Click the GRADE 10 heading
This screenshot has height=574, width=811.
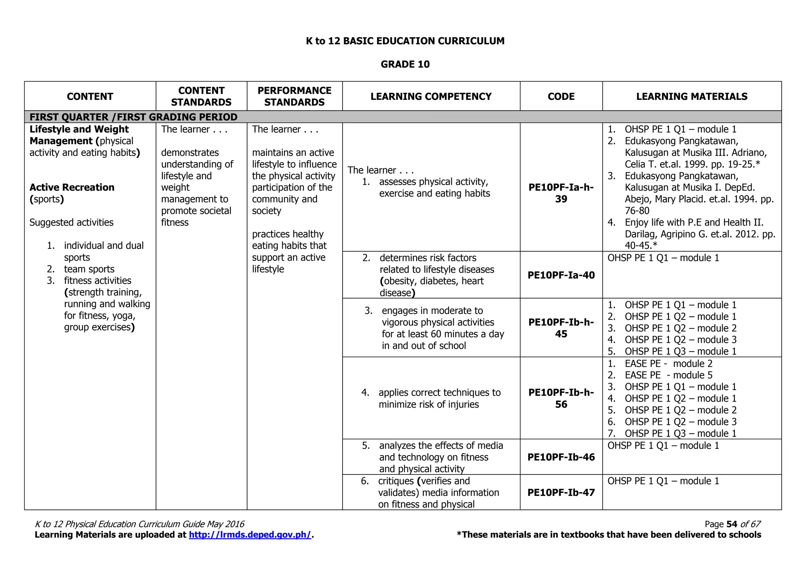pos(405,64)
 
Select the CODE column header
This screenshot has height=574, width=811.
pos(561,96)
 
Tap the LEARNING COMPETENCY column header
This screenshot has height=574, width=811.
pos(431,96)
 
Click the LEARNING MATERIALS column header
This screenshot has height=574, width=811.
pos(691,96)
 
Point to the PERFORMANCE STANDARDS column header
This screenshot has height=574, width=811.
pos(294,96)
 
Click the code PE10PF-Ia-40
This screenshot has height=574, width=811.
pos(561,275)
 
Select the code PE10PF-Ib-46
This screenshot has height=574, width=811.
pos(561,457)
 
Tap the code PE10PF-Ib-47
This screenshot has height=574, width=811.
pos(561,492)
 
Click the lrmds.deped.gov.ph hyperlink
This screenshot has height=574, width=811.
pos(250,535)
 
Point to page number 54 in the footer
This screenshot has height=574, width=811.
pos(731,524)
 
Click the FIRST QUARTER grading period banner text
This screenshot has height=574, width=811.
pos(133,117)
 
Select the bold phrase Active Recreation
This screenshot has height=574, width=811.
pos(72,188)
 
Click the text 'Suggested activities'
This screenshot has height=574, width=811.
pos(71,222)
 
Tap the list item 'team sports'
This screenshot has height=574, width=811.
pos(89,269)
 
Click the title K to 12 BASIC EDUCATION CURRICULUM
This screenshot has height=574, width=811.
pos(405,41)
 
